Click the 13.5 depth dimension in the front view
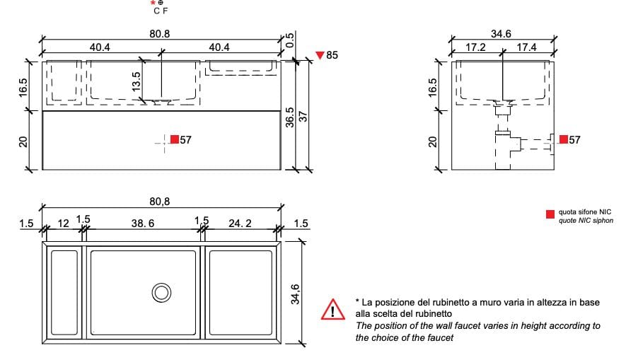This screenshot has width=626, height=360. (x=137, y=80)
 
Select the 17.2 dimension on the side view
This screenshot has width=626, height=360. (x=475, y=47)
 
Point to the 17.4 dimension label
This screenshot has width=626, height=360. (x=526, y=47)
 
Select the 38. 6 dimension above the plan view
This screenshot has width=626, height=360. (x=143, y=223)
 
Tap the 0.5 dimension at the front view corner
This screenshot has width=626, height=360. (x=289, y=41)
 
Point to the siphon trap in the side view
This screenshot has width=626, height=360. (x=504, y=141)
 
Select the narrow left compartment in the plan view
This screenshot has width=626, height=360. (x=64, y=292)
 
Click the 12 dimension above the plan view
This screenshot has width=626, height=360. (x=63, y=223)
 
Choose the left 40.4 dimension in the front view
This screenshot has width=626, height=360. (x=99, y=47)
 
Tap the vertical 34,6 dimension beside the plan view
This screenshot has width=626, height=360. (x=296, y=293)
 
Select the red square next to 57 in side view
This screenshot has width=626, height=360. (x=564, y=139)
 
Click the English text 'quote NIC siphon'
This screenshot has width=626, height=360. (x=586, y=221)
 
